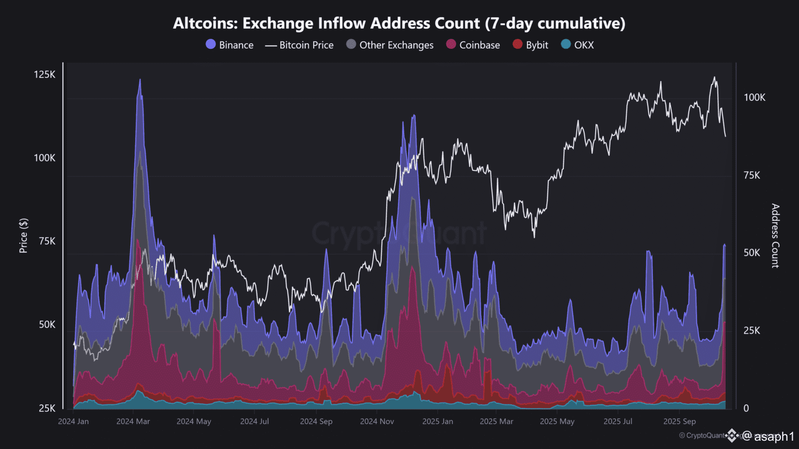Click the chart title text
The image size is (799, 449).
(399, 23)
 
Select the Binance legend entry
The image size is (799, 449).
(230, 45)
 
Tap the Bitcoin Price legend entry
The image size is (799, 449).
(300, 45)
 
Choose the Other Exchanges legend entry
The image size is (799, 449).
(390, 45)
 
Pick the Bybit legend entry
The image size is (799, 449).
(531, 45)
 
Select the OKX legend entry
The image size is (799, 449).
(577, 45)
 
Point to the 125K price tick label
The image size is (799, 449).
(45, 75)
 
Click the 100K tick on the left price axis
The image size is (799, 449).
(45, 158)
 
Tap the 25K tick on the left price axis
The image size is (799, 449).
(47, 408)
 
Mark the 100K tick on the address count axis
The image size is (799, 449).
(754, 98)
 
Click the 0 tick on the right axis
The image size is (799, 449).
(746, 408)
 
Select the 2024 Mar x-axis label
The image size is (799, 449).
(133, 421)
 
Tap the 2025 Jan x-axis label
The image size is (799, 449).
(437, 421)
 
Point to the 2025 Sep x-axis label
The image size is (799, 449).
(679, 421)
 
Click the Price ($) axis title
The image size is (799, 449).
(23, 236)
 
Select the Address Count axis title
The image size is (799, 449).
(775, 236)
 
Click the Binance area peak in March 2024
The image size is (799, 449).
(139, 81)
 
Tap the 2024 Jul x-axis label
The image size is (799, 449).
(254, 421)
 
